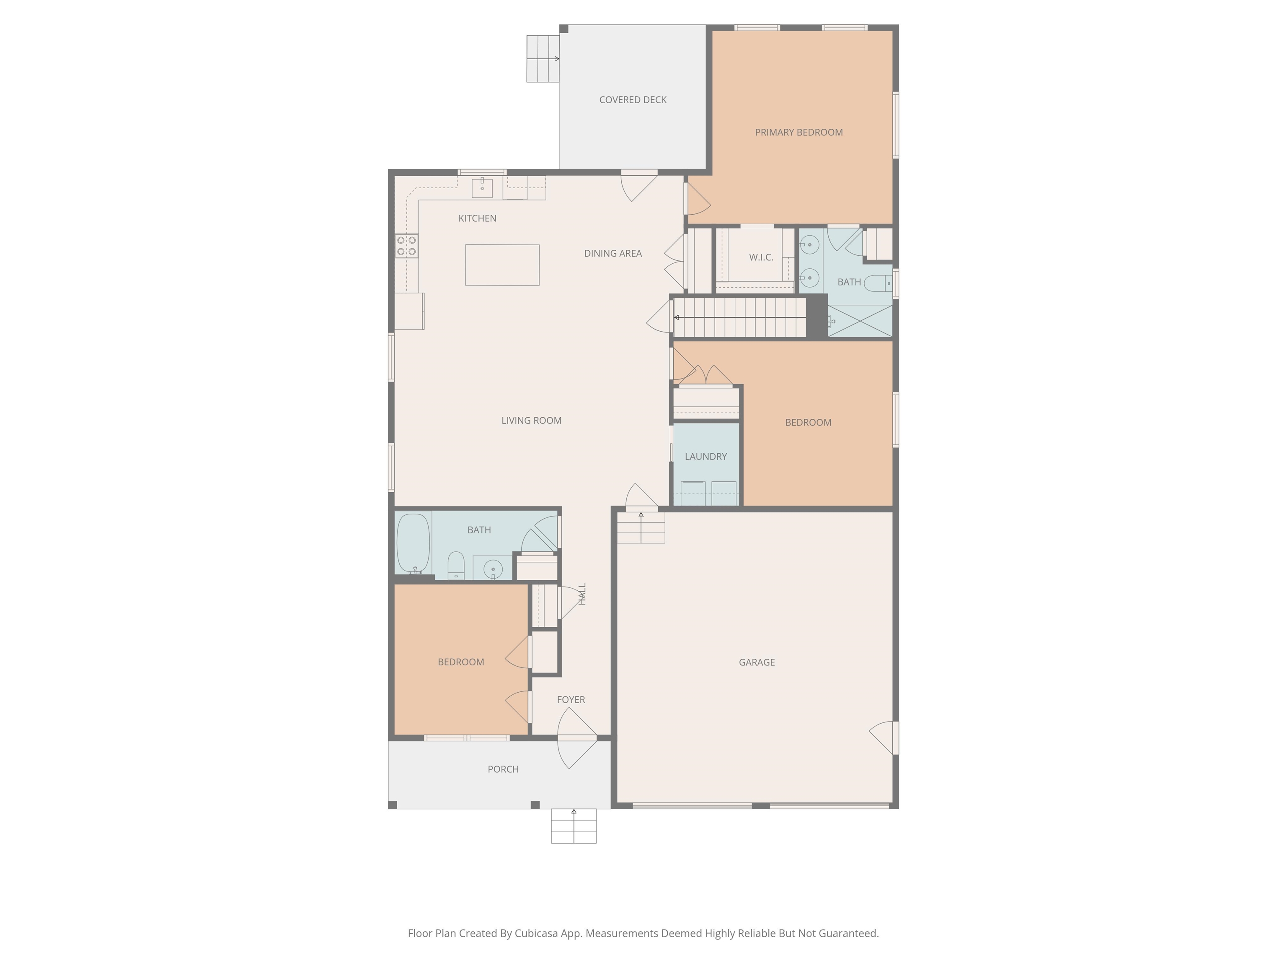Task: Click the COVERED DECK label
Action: coord(633,99)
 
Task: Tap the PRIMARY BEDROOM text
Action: coord(798,132)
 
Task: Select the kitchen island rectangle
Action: coord(502,265)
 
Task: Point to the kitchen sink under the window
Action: coord(482,188)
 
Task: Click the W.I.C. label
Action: coord(760,257)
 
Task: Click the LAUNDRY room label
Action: coord(705,457)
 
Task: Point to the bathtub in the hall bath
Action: coord(413,543)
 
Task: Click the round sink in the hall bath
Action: coord(493,568)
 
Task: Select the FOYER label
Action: coord(571,699)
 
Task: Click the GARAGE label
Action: coord(756,662)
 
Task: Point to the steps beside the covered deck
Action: coord(542,59)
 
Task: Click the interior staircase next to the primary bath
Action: coord(739,317)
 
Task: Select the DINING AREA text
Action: coord(612,253)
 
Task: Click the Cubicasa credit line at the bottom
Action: coord(643,933)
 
